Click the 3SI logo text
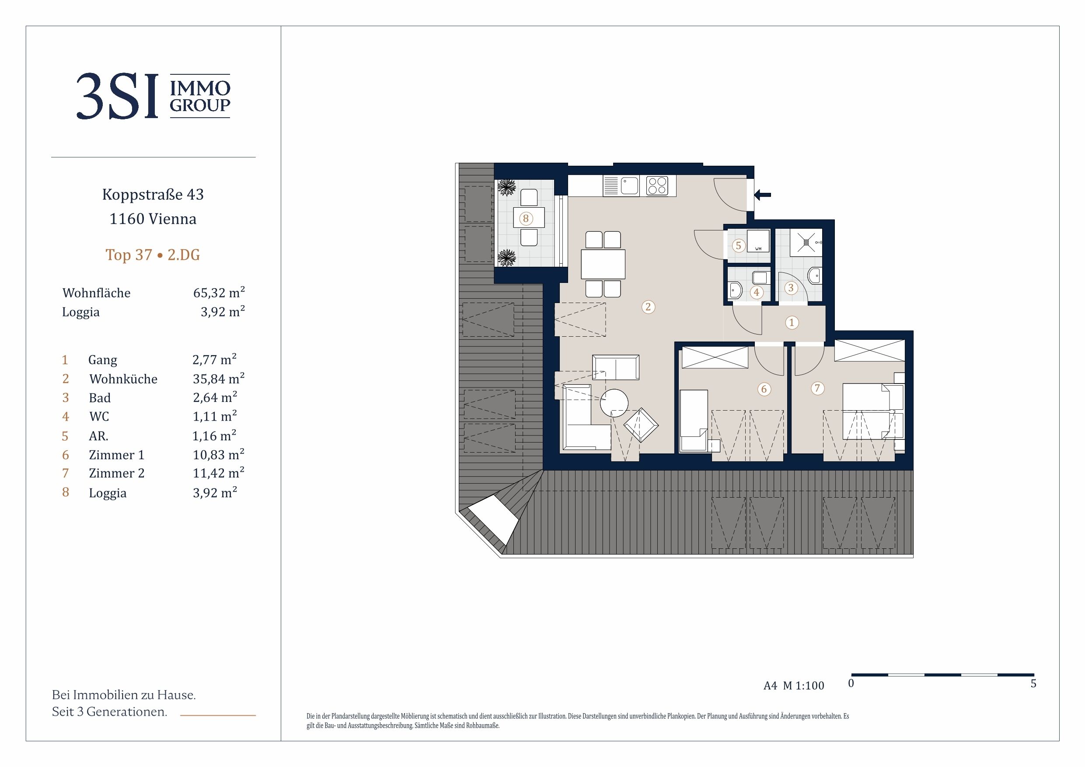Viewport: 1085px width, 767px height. (117, 96)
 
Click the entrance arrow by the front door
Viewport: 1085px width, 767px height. (762, 194)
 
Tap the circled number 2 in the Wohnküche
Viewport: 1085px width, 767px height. (648, 307)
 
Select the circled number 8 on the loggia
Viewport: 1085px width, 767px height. (526, 218)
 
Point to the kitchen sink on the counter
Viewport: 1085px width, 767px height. (629, 186)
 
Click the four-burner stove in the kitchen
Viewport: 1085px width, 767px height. (657, 186)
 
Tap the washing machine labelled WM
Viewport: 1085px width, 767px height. (758, 241)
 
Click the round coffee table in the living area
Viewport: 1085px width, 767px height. (614, 403)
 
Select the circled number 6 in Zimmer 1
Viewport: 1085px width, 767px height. (764, 389)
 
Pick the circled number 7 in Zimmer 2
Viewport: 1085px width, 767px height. (817, 388)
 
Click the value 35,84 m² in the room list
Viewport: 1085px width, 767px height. (218, 378)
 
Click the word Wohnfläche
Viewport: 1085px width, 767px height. (96, 293)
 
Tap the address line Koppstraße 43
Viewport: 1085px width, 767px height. (153, 194)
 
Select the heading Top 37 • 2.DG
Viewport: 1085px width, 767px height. (153, 255)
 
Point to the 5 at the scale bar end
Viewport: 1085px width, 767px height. (1033, 683)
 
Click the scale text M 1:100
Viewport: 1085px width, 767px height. (803, 685)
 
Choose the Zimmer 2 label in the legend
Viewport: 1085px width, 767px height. (117, 473)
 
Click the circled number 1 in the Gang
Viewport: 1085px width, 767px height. (792, 323)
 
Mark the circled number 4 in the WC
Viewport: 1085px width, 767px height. (757, 293)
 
